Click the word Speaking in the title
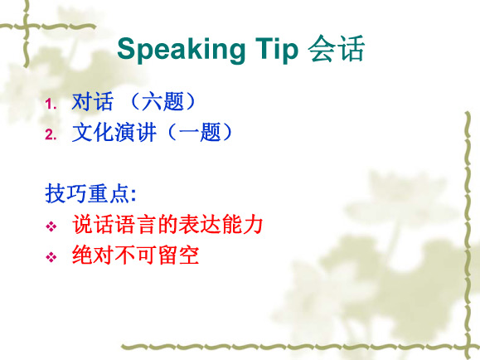pyautogui.click(x=181, y=51)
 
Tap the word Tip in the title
pyautogui.click(x=276, y=50)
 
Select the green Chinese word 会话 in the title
pyautogui.click(x=336, y=49)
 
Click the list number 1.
pyautogui.click(x=51, y=104)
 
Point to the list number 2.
pyautogui.click(x=51, y=134)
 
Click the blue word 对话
pyautogui.click(x=93, y=101)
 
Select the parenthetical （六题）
pyautogui.click(x=162, y=101)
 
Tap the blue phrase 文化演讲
pyautogui.click(x=114, y=133)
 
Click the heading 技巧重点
pyautogui.click(x=87, y=193)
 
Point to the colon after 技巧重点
pyautogui.click(x=133, y=195)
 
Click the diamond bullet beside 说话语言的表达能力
pyautogui.click(x=51, y=226)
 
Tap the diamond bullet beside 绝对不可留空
pyautogui.click(x=51, y=257)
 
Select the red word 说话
pyautogui.click(x=94, y=224)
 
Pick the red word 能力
pyautogui.click(x=242, y=224)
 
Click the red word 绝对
pyautogui.click(x=94, y=255)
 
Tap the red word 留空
pyautogui.click(x=178, y=255)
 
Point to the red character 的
pyautogui.click(x=167, y=224)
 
